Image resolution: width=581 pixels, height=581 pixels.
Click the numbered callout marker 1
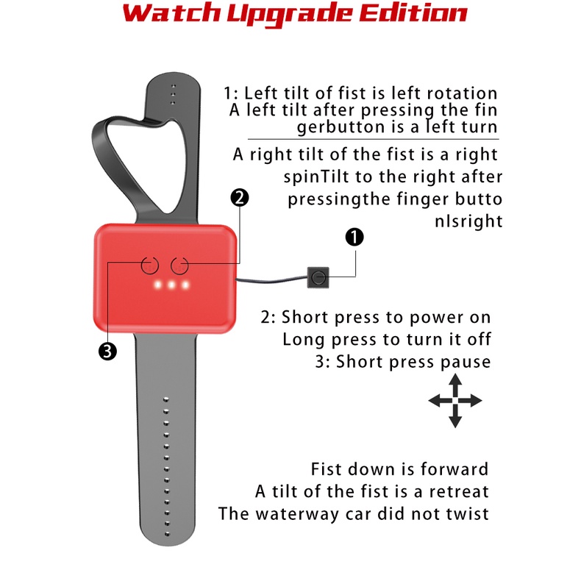[x=354, y=237]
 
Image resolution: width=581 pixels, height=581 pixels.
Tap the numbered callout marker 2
[x=239, y=198]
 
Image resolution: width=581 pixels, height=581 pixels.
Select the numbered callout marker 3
[x=107, y=352]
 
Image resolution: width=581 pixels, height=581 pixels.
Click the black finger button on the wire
[x=318, y=277]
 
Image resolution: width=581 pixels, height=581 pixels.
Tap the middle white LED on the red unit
[x=171, y=285]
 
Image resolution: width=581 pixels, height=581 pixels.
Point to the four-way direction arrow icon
[x=455, y=401]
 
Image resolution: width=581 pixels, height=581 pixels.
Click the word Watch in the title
[x=171, y=13]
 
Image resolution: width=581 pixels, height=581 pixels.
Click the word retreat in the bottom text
[x=459, y=492]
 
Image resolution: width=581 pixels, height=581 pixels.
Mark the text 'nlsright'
[x=468, y=221]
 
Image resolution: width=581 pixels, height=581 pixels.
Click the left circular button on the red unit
[x=150, y=265]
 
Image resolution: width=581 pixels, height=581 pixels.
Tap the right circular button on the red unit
[x=179, y=265]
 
